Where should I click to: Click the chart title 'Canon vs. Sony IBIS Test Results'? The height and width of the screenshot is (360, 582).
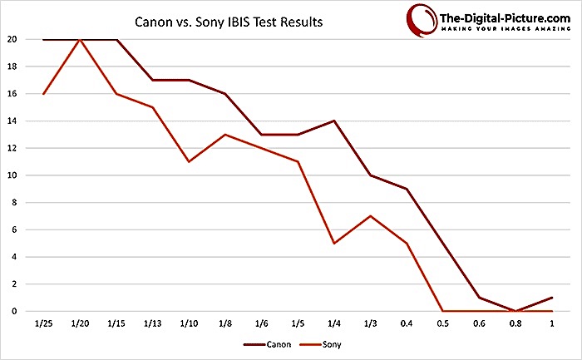[229, 22]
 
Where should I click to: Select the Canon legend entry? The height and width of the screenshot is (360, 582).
[267, 345]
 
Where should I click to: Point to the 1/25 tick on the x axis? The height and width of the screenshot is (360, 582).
[43, 323]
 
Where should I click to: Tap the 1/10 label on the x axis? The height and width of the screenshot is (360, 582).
[189, 323]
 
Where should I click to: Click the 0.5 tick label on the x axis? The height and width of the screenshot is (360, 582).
[443, 323]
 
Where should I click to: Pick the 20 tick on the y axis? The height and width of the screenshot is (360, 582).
[12, 39]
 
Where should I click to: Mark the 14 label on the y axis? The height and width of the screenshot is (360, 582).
[12, 121]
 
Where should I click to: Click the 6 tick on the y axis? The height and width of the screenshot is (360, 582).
[14, 229]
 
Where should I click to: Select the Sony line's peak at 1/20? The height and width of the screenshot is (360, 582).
[80, 39]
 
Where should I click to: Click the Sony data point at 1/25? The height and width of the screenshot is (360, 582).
[43, 94]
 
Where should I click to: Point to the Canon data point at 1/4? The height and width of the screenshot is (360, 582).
[334, 121]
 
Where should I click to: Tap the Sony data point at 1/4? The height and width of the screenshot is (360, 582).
[334, 244]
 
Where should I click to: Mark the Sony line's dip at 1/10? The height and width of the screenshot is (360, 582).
[189, 162]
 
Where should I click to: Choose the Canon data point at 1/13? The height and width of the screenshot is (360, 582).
[152, 80]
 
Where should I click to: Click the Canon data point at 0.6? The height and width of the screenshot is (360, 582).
[479, 298]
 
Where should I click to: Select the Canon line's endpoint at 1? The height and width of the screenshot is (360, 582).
[552, 298]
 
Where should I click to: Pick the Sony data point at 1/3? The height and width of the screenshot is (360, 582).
[371, 216]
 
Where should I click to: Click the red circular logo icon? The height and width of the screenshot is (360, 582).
[422, 21]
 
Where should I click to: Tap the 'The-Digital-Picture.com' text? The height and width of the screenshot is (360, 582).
[505, 18]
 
